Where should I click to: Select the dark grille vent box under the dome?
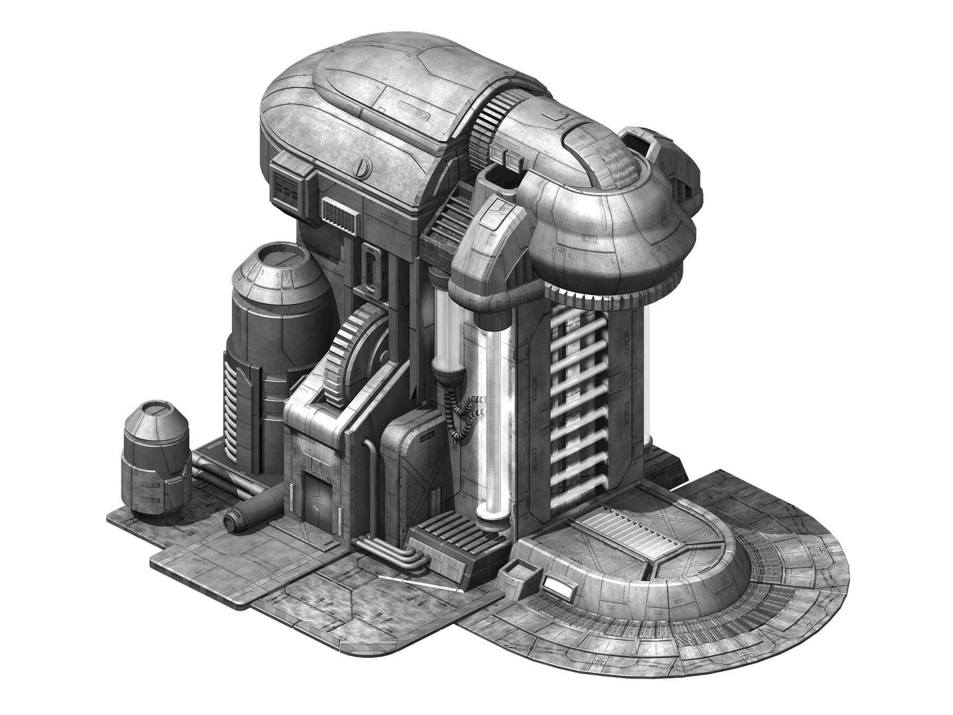[289, 189]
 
